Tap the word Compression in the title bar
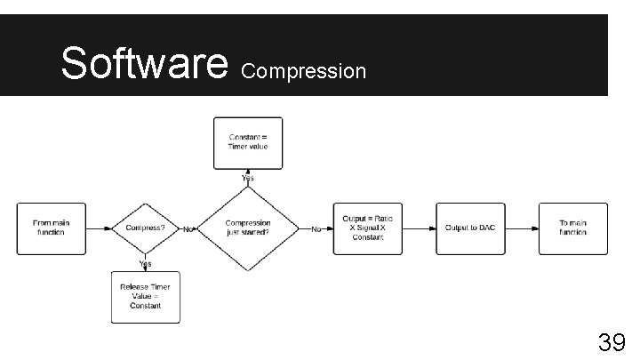point(303,70)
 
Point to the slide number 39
point(610,341)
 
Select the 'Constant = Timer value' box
point(248,142)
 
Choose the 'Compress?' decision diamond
point(144,228)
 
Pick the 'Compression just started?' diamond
point(248,228)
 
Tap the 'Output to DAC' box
point(470,228)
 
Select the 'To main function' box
point(573,228)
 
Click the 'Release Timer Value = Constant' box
point(145,297)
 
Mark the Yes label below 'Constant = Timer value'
point(248,179)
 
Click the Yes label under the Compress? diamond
point(144,263)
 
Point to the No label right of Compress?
point(188,229)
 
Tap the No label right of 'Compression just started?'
point(316,229)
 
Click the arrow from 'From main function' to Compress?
point(100,228)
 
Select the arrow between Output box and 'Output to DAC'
point(419,228)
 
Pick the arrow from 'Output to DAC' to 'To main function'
point(522,228)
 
